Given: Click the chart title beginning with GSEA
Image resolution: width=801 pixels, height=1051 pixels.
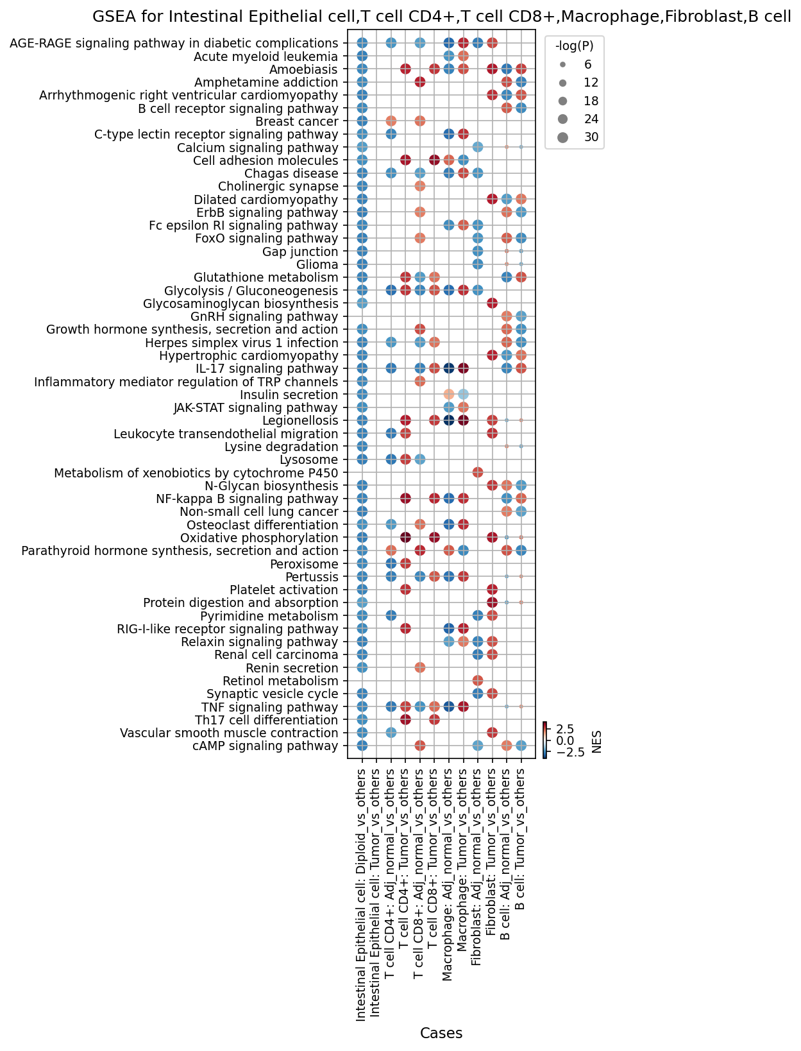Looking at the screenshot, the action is coord(441,17).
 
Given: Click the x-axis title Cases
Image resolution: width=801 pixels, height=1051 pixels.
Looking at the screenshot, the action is coord(441,1033).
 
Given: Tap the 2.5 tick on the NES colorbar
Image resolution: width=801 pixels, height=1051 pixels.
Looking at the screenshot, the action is coord(565,729).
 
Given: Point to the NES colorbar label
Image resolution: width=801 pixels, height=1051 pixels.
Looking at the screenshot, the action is coord(596,742).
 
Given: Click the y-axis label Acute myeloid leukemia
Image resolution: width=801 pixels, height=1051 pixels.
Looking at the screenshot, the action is coord(266,56).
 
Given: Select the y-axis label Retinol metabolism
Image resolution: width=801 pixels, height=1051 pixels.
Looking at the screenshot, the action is coord(280,680).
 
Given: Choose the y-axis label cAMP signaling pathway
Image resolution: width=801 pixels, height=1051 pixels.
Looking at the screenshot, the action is coord(265,746).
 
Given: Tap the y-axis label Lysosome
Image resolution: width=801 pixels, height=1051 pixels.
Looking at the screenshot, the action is coord(308,459).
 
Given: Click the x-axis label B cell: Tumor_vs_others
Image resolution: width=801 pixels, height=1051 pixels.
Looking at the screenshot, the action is coord(521,839).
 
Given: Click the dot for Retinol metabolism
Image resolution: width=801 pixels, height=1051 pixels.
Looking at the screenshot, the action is coord(477,680).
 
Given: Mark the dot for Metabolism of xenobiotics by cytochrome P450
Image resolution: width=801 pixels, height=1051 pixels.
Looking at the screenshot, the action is coord(477,473).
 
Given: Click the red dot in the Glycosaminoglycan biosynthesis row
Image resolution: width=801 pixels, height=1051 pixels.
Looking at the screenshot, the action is coord(492,303).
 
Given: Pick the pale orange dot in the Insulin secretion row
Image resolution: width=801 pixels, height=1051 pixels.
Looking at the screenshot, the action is coord(448,395).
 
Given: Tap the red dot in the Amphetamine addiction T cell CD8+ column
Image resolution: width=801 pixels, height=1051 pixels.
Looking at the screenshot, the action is coord(419,82).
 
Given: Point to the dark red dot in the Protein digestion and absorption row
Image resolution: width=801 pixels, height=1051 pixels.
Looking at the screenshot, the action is coord(492,602).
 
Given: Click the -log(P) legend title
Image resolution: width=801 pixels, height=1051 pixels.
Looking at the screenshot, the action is coord(574,46).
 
